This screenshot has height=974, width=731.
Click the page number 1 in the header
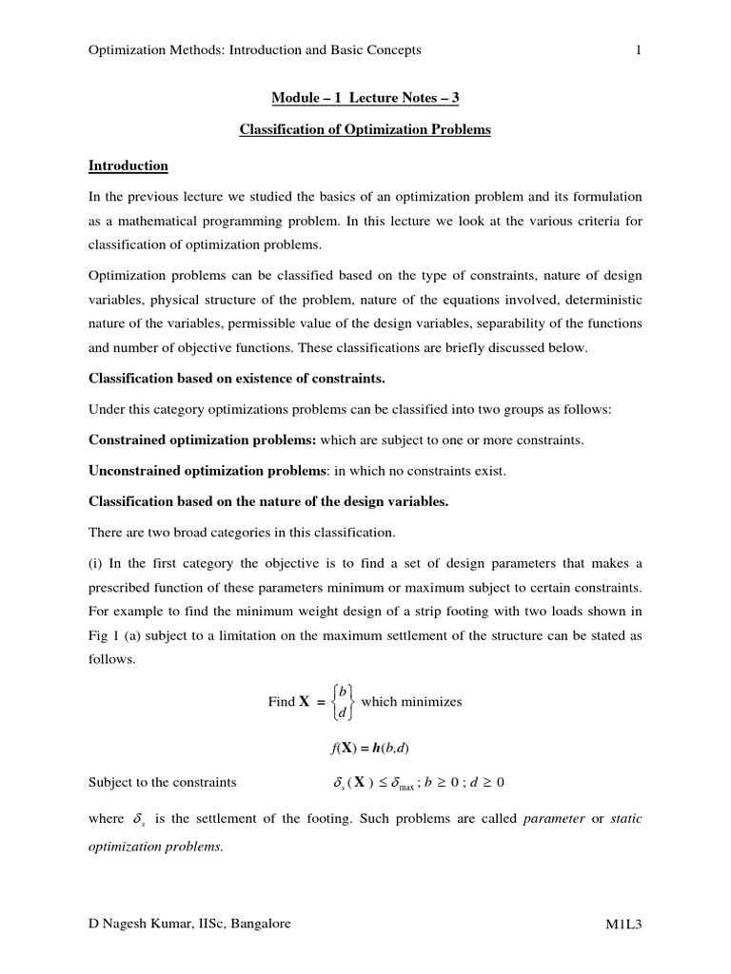(x=639, y=50)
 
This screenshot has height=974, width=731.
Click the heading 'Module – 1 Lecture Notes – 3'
(x=365, y=97)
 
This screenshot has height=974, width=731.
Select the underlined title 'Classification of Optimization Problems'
(x=365, y=129)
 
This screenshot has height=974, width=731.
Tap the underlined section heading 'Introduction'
(x=128, y=166)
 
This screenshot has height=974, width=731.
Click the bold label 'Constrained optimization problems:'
(x=203, y=440)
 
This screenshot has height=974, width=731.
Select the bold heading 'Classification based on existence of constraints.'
(x=237, y=379)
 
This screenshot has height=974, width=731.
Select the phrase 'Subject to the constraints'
(x=162, y=783)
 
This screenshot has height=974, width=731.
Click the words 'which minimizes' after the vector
(x=411, y=702)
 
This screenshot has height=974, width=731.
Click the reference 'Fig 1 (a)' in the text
(x=115, y=636)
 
